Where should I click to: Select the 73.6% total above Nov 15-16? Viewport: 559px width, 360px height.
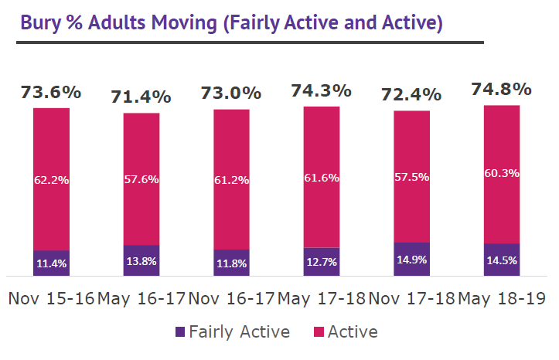(x=51, y=92)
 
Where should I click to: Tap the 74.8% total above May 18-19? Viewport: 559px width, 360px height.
(x=501, y=89)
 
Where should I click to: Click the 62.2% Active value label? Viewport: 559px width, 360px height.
(x=51, y=180)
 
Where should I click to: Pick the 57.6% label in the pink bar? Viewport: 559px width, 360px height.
(x=141, y=179)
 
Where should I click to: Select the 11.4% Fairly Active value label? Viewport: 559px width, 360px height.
(x=51, y=263)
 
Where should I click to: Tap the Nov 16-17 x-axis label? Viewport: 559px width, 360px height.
(x=231, y=298)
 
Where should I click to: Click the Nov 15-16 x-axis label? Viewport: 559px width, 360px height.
(x=51, y=298)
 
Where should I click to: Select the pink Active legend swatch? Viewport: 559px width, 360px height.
(x=317, y=332)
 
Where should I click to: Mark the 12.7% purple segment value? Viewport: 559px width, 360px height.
(x=321, y=261)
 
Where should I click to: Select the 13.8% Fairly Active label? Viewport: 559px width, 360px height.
(x=141, y=261)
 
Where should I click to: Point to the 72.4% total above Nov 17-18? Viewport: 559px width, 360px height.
(x=411, y=95)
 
